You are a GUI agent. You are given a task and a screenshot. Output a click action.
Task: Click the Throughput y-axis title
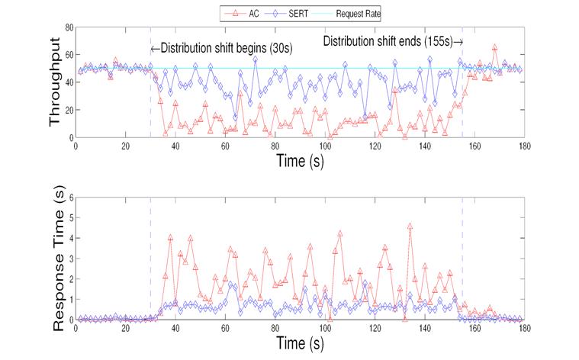click(56, 83)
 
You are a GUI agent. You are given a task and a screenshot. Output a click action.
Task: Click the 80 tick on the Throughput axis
click(67, 27)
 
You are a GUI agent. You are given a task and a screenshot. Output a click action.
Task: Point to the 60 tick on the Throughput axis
click(67, 55)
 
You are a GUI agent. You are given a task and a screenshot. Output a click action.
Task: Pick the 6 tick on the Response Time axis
click(70, 197)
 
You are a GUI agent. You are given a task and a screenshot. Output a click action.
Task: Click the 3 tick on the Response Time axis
click(70, 259)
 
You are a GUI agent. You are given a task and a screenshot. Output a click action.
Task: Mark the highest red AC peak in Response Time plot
click(410, 227)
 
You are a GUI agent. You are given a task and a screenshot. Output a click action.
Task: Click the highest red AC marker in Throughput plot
click(494, 47)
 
